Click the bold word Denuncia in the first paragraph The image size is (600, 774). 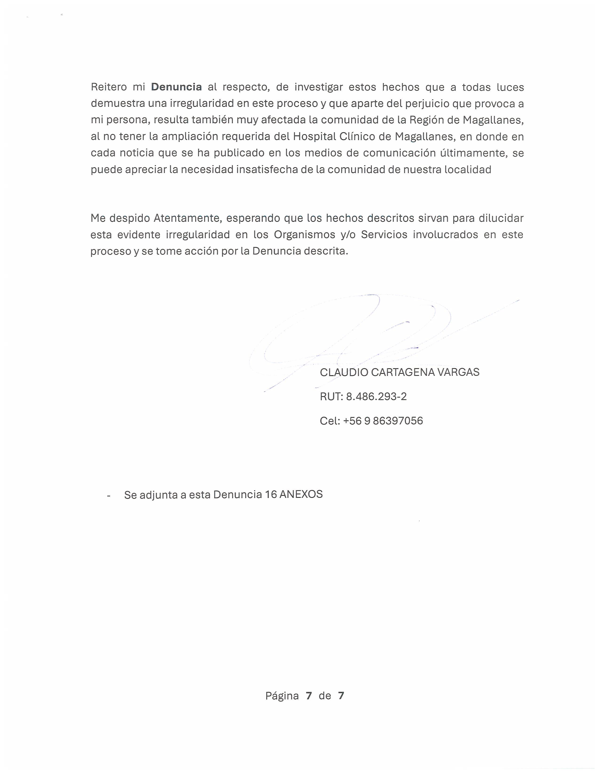tap(176, 87)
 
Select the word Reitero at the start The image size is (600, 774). tap(109, 87)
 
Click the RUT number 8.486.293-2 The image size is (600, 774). tap(376, 396)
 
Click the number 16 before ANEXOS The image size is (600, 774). tap(271, 494)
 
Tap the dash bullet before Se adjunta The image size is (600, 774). tap(109, 495)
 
